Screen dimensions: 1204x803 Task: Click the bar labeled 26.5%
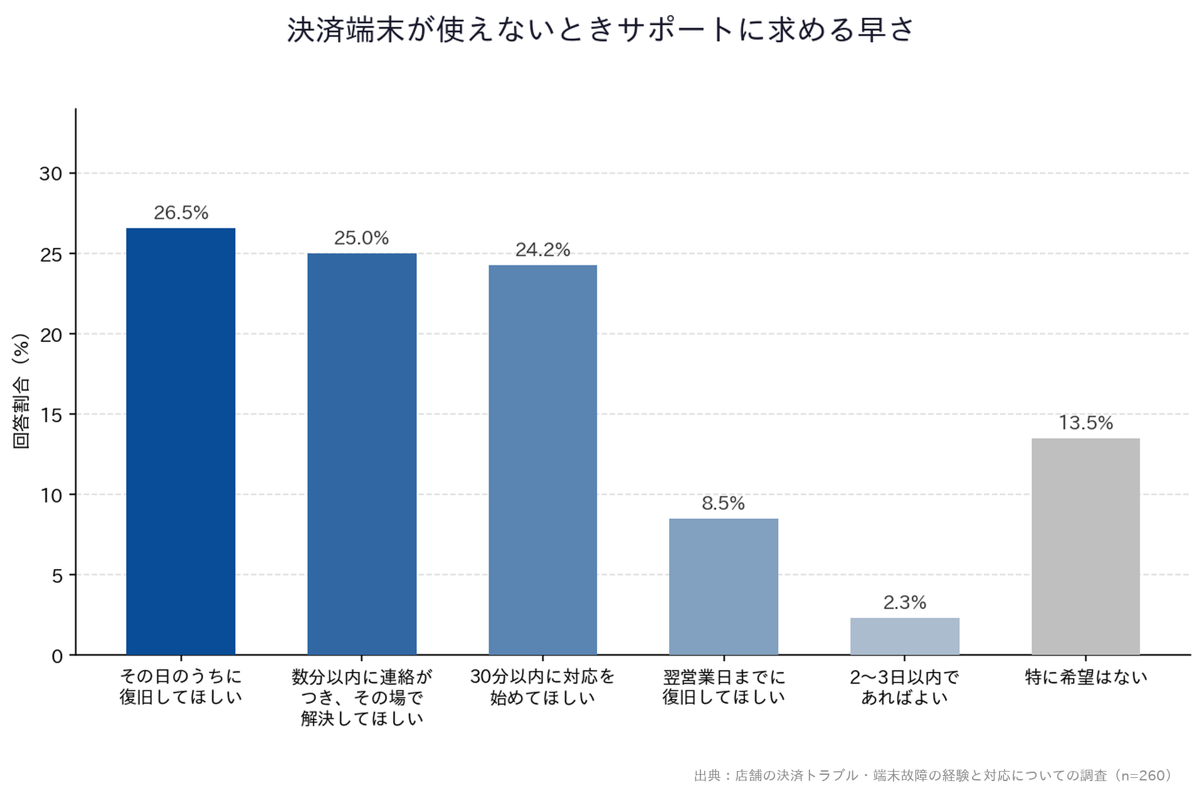181,442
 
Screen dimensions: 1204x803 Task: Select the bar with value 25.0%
362,454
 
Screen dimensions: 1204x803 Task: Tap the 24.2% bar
543,460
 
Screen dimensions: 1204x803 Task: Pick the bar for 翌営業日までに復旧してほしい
724,587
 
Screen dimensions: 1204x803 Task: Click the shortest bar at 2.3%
905,636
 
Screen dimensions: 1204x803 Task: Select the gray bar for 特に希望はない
1085,546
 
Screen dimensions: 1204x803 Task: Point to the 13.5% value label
1086,423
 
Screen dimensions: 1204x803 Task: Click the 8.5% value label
723,503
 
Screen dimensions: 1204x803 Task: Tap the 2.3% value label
905,602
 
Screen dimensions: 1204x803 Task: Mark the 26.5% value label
181,213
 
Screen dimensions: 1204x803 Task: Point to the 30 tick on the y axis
51,174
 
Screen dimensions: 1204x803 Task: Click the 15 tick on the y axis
51,415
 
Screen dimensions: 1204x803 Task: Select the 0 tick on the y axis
57,656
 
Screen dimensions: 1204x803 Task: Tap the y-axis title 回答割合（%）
21,391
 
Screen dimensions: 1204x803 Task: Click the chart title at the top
601,29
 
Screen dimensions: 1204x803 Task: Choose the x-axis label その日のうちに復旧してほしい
181,687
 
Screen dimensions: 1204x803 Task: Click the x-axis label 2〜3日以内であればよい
905,687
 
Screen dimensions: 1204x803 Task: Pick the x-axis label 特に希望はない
1086,677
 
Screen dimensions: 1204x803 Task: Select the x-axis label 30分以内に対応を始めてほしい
542,687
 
